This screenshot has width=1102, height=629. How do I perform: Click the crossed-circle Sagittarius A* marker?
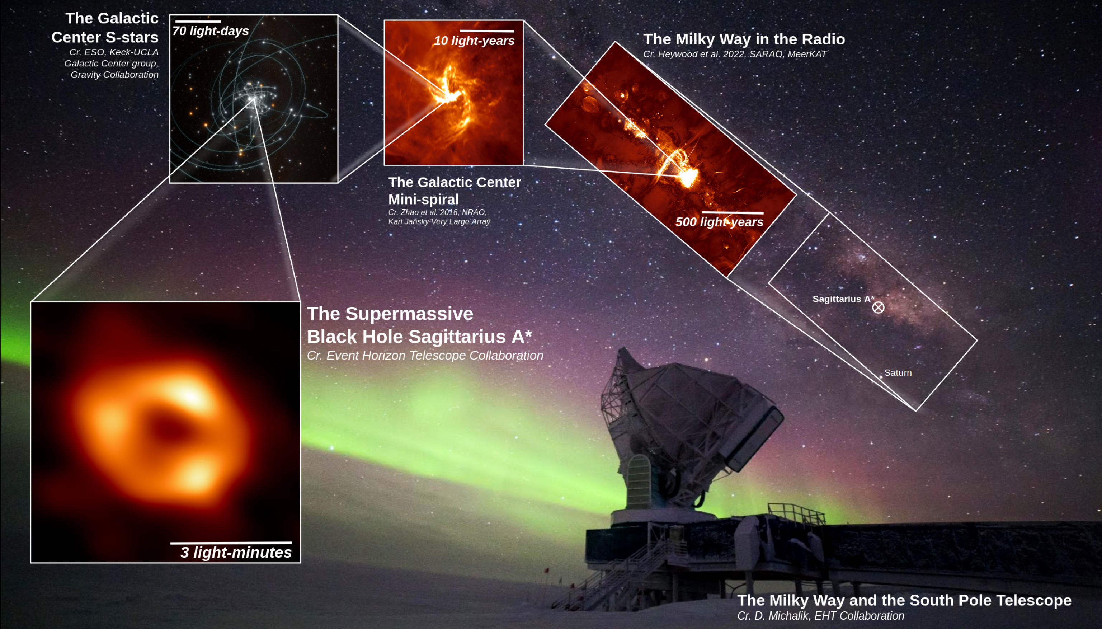point(878,308)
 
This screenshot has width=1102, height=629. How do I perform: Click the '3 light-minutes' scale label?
point(236,553)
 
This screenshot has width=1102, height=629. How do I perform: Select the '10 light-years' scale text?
point(474,41)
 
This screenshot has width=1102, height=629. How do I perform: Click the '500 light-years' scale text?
point(719,222)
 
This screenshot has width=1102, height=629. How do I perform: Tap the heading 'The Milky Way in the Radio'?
point(744,39)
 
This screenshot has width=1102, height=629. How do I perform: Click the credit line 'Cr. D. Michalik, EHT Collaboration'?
point(820,616)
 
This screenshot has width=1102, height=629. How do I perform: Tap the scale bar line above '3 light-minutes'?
point(231,543)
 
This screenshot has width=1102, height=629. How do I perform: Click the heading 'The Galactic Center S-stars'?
point(105,28)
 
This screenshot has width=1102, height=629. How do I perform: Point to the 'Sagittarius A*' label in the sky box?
point(843,299)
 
